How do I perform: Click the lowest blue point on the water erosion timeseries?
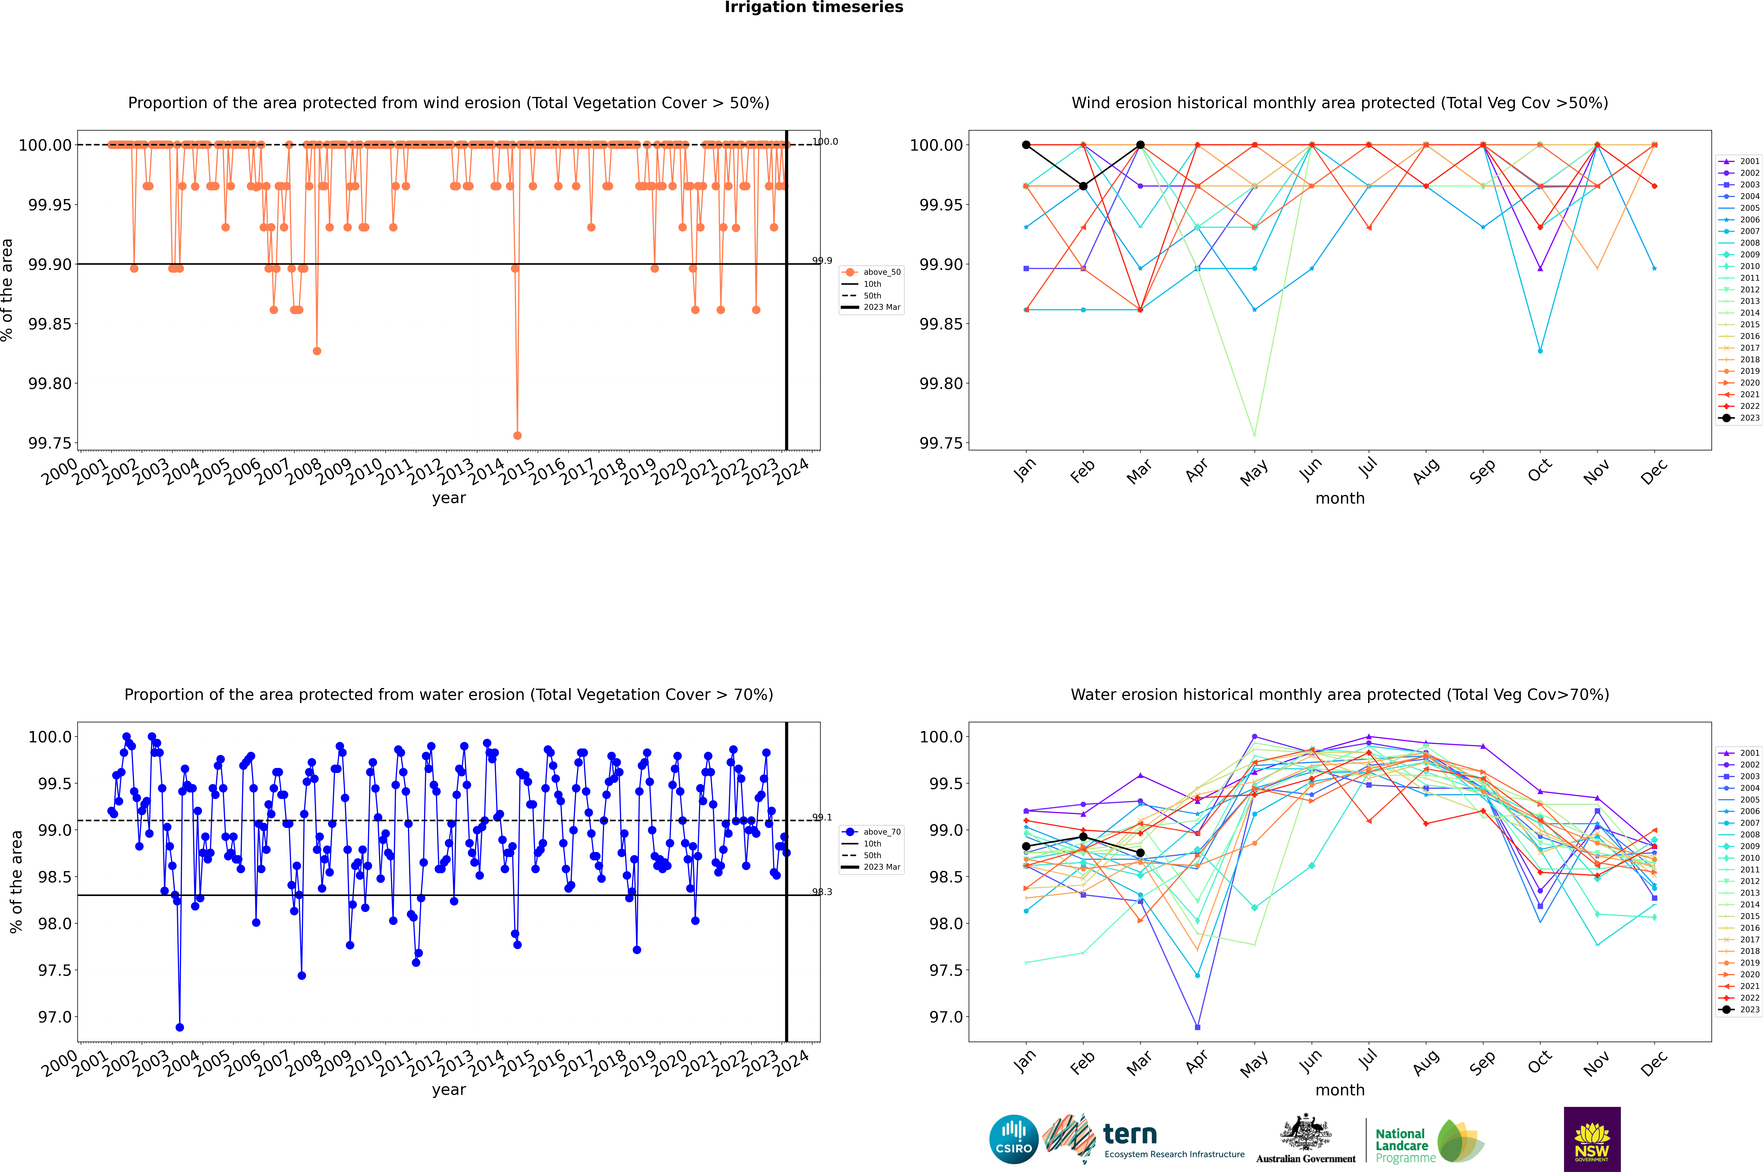tap(179, 1027)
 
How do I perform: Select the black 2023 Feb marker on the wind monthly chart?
tap(1083, 186)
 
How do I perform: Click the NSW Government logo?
tap(1592, 1139)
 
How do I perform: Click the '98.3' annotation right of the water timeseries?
tap(822, 892)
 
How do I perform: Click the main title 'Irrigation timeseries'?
tap(814, 7)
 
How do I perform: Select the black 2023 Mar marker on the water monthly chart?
tap(1140, 853)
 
